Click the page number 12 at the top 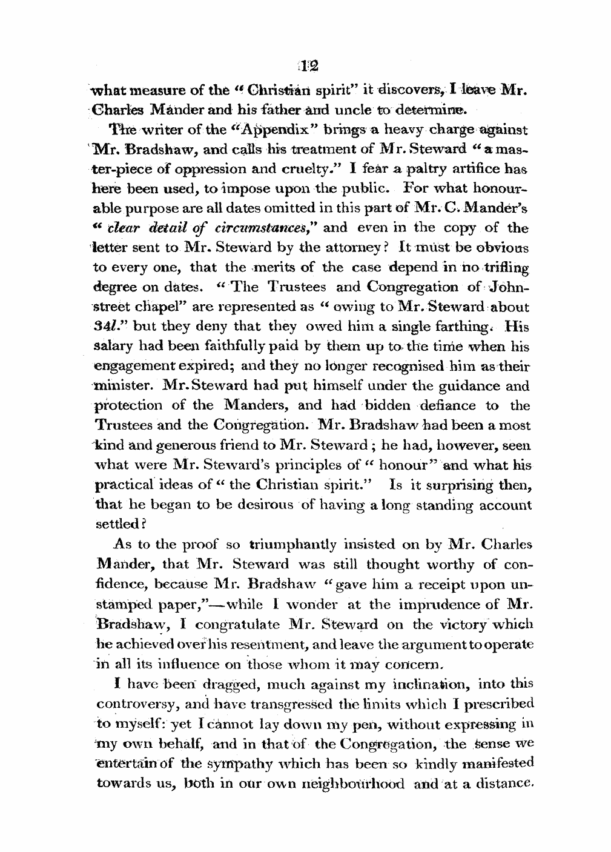312,67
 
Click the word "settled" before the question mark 117,522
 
